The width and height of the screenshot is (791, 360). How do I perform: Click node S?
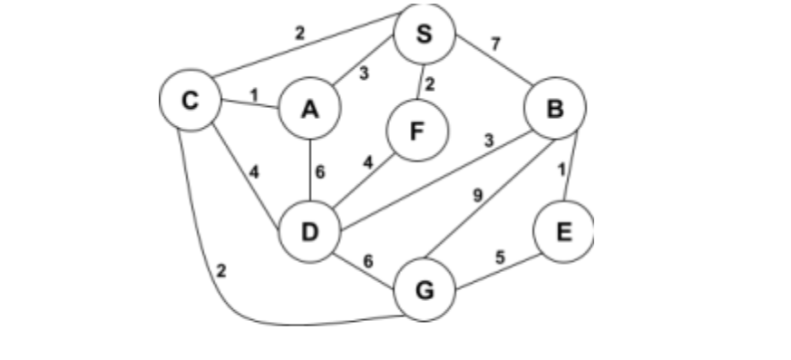[x=424, y=34]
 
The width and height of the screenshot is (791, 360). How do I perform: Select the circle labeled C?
[x=190, y=101]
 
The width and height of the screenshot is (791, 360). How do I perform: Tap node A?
[x=310, y=109]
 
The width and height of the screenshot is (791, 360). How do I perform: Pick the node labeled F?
[x=417, y=131]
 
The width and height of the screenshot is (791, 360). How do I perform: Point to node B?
[x=555, y=109]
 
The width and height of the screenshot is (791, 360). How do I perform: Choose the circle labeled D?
[x=310, y=232]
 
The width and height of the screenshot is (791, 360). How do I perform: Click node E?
[x=562, y=231]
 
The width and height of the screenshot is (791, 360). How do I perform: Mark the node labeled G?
[x=424, y=291]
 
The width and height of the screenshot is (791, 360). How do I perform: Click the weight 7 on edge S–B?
[x=495, y=44]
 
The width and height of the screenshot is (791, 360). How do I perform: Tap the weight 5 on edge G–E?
[x=499, y=257]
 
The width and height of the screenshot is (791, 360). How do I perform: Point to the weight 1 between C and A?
[x=253, y=94]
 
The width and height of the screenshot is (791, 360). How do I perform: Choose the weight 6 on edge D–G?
[x=367, y=261]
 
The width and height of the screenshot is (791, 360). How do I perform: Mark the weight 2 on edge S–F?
[x=430, y=85]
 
